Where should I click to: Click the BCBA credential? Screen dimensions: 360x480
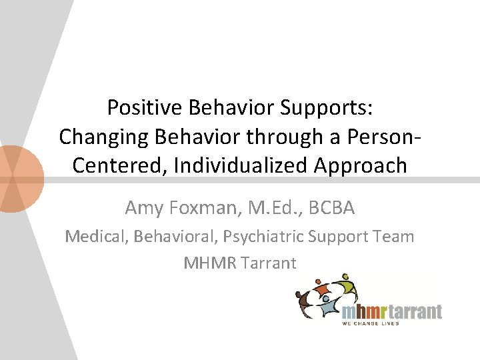(x=331, y=208)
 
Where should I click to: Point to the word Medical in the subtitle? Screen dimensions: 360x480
(x=94, y=236)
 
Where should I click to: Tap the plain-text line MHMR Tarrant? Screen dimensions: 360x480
(x=239, y=263)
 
